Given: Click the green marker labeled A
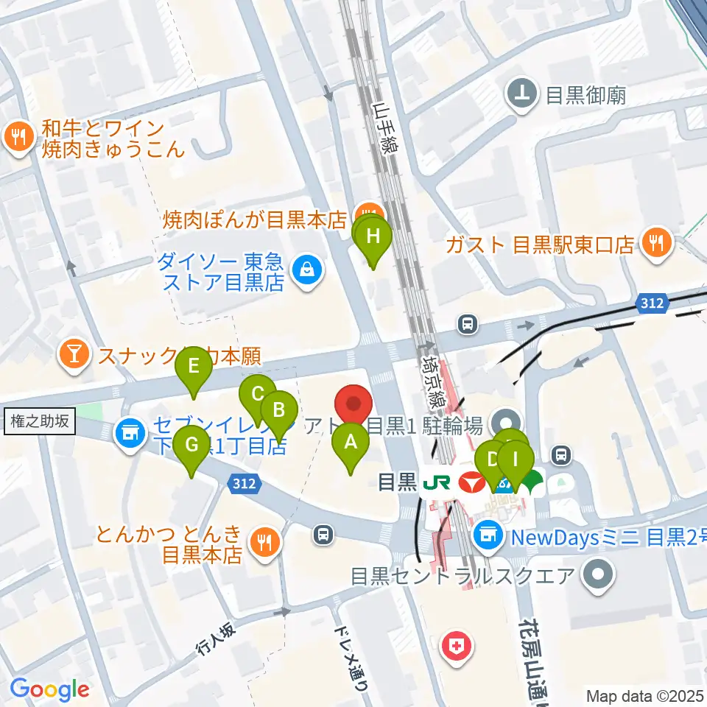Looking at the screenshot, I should point(351,444).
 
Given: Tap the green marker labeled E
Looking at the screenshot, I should point(194,367).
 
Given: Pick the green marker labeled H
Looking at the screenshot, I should point(374,238).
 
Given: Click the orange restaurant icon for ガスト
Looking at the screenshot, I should point(655,243).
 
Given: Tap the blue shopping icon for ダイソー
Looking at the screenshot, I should point(306,271).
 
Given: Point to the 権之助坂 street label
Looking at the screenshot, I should point(41,421).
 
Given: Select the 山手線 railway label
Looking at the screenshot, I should point(384,127).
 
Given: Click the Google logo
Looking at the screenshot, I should point(49,689).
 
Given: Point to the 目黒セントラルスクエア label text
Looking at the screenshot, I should point(462,574).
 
